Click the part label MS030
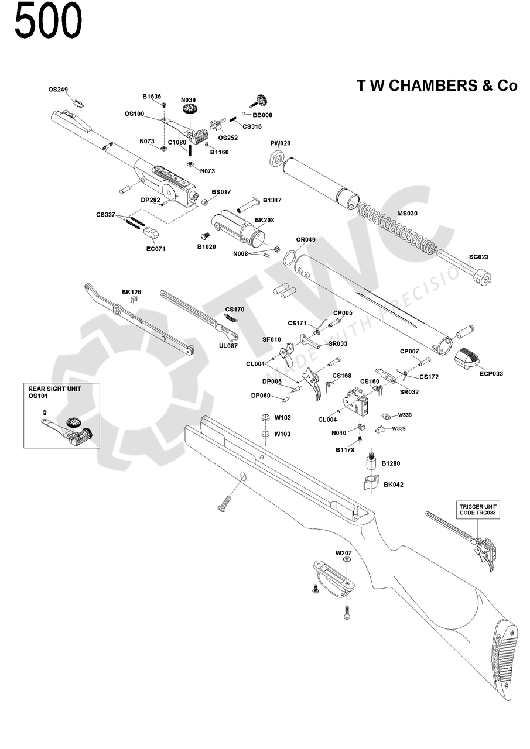click(407, 214)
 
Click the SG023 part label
click(478, 257)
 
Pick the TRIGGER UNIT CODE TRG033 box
click(477, 509)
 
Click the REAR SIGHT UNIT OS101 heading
click(55, 391)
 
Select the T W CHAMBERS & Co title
click(437, 85)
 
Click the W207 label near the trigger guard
click(343, 552)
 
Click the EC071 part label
click(156, 249)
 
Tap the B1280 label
click(391, 463)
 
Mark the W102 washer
click(264, 418)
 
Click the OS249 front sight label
click(58, 90)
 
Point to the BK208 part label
click(264, 220)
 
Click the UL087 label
click(228, 346)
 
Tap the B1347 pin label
click(272, 200)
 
